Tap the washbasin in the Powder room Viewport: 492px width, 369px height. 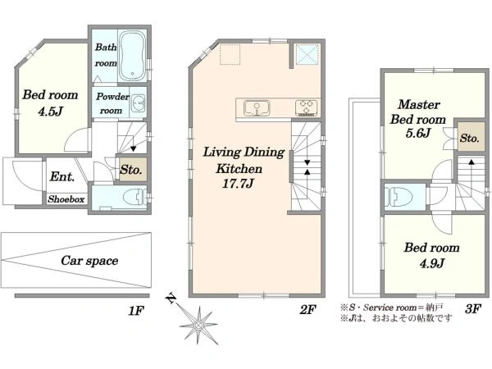point(138,103)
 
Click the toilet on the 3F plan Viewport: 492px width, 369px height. point(396,197)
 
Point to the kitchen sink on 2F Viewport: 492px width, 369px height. point(257,108)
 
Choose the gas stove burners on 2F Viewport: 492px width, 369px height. point(306,107)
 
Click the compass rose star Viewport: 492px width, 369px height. point(198,325)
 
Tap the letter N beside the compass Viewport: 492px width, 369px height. point(171,298)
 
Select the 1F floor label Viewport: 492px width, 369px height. point(136,311)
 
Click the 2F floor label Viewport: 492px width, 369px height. point(307,310)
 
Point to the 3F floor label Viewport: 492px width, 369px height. point(473,309)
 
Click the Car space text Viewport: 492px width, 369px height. point(89,261)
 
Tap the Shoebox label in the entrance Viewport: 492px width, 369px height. point(66,199)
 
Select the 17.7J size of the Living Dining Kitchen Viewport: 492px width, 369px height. point(238,183)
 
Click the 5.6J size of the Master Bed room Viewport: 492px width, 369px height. point(417,133)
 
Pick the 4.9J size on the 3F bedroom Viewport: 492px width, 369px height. point(432,263)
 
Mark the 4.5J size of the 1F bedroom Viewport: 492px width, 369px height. point(50,111)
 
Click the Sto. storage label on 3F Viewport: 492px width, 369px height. point(470,138)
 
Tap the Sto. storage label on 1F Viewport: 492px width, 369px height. point(131,170)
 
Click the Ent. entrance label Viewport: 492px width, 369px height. point(62,176)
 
